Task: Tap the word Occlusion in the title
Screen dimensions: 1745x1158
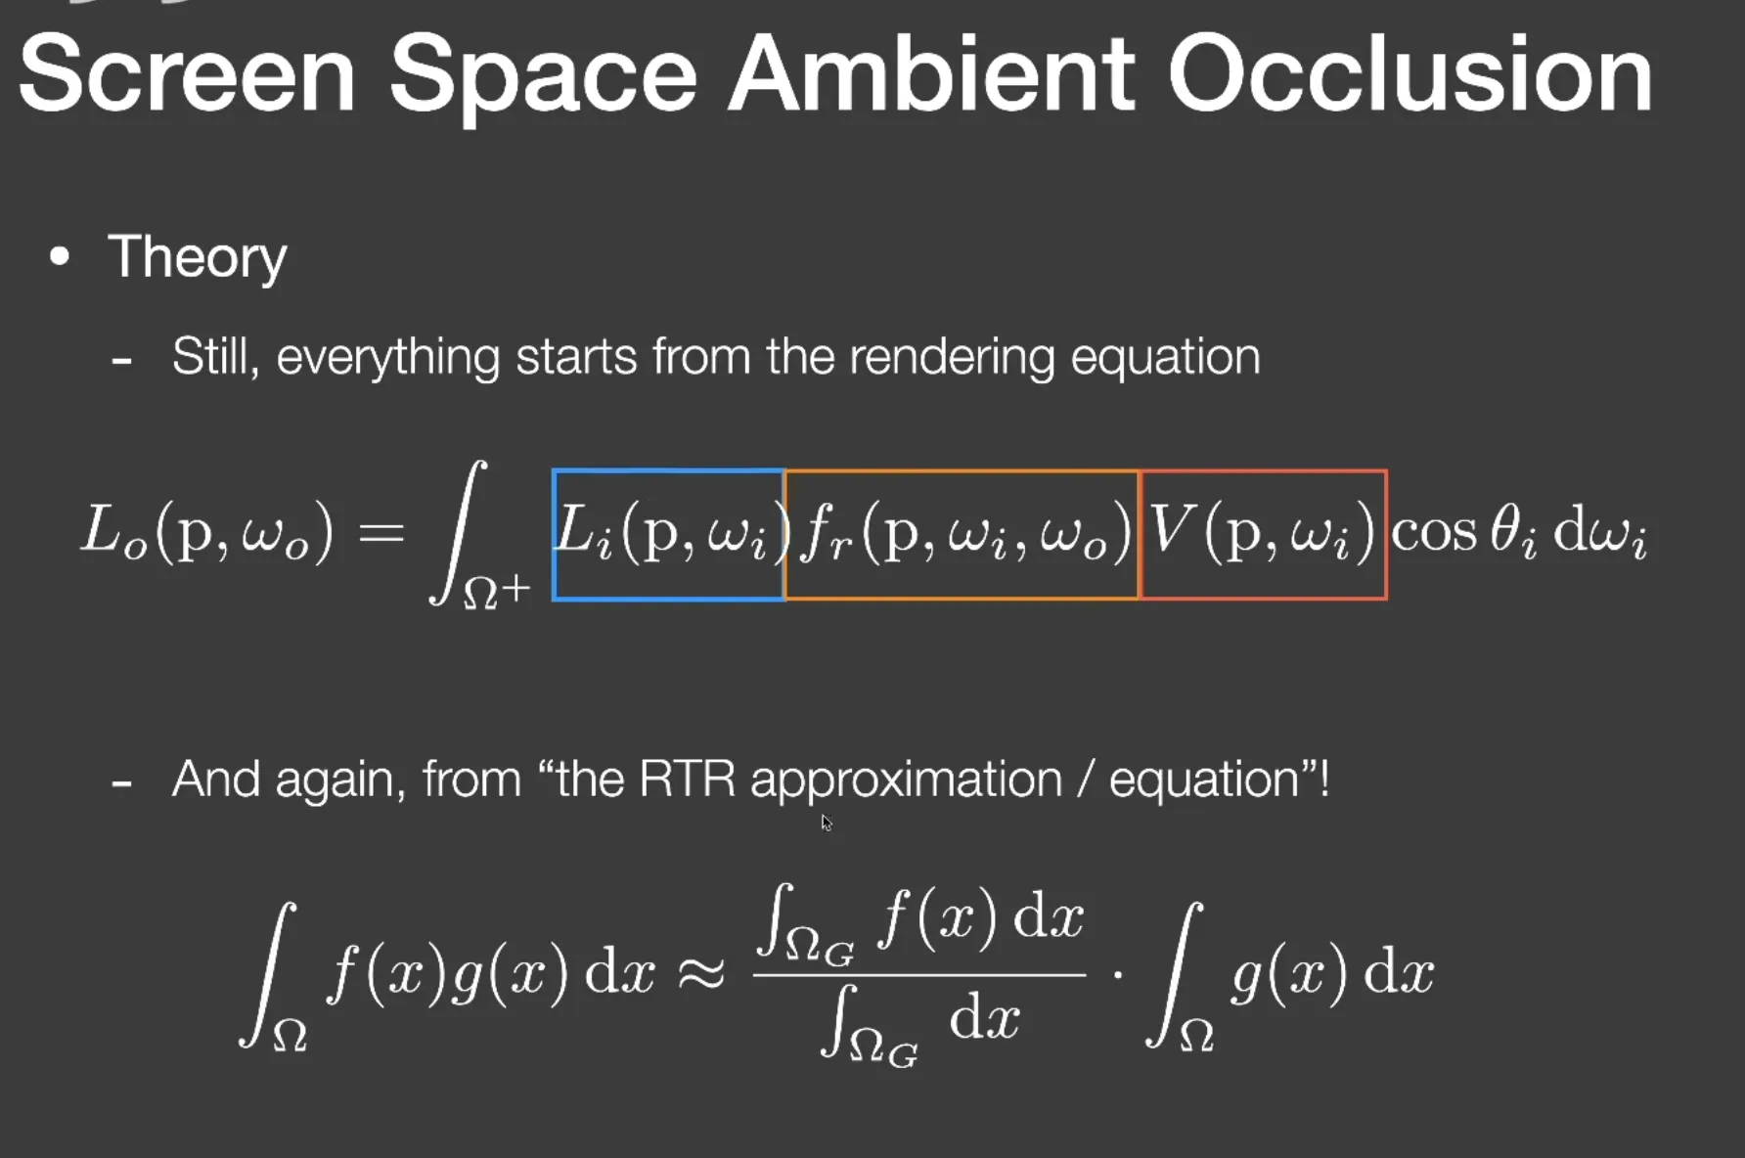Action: [1409, 73]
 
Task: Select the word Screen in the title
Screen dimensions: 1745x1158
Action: [187, 73]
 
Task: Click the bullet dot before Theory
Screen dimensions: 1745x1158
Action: [60, 256]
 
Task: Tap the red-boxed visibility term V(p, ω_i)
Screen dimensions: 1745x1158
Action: [1262, 533]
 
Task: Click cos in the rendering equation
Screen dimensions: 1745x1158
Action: [1434, 534]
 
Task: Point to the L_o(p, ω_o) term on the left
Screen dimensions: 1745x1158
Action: [207, 533]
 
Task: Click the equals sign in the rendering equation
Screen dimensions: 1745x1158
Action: [381, 533]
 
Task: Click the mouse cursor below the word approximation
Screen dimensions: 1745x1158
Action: [827, 823]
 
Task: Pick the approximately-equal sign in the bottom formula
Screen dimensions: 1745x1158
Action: [700, 973]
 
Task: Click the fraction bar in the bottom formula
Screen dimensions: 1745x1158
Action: [919, 974]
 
